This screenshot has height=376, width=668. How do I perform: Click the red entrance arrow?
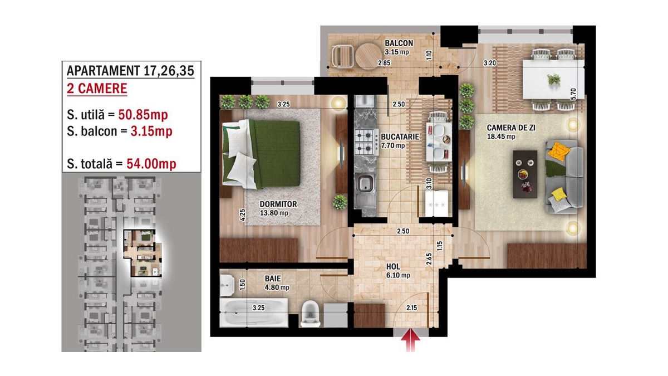(410, 340)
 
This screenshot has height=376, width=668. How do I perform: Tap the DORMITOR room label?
(278, 204)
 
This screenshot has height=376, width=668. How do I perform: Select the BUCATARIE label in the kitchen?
(400, 136)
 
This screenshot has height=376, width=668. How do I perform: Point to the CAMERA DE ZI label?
(511, 128)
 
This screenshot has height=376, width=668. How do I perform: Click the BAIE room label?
(273, 279)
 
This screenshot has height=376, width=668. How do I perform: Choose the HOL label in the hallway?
(394, 267)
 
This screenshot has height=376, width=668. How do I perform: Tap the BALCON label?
(399, 43)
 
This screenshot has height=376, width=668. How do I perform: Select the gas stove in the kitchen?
(366, 143)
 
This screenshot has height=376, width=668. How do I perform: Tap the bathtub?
(254, 312)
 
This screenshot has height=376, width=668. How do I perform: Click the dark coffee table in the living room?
(525, 174)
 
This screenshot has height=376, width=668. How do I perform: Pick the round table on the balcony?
(369, 56)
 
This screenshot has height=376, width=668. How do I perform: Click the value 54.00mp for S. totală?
(151, 164)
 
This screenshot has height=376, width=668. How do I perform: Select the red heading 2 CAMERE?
(97, 89)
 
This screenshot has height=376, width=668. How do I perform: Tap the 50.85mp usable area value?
(143, 115)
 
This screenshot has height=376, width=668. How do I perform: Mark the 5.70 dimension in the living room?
(573, 94)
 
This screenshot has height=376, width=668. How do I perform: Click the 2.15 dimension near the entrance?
(411, 307)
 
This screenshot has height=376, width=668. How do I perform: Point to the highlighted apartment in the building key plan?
(143, 253)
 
